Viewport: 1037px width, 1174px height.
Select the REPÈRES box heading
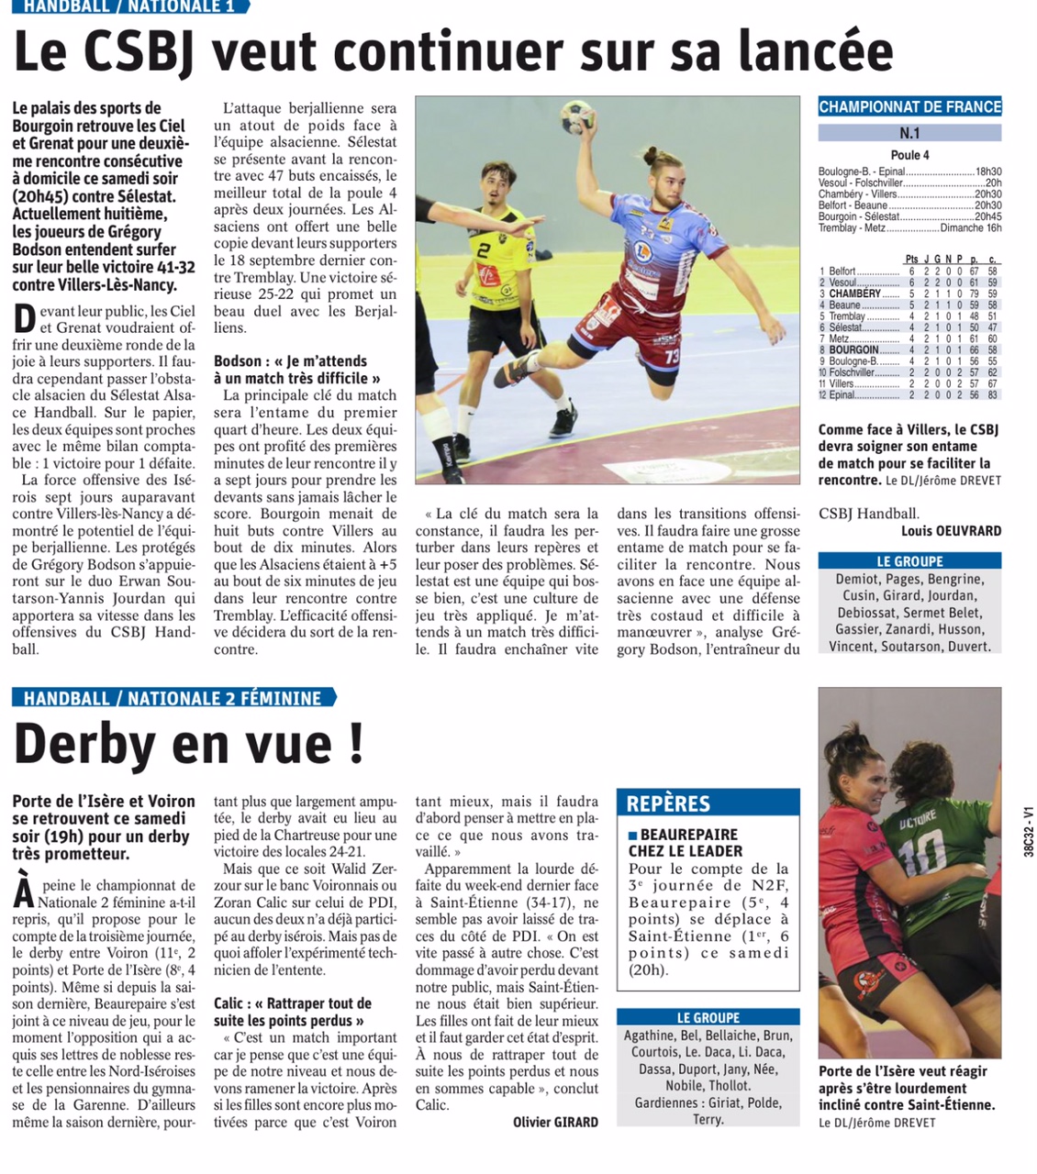point(668,804)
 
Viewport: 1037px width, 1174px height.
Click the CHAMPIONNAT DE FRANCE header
point(909,106)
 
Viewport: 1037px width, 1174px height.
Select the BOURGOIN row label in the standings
point(853,350)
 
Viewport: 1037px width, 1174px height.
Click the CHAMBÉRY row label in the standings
point(854,293)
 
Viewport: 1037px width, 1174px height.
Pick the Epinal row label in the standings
point(842,395)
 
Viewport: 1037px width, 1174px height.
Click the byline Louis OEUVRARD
point(951,531)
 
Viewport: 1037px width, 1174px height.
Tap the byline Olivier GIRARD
point(555,1122)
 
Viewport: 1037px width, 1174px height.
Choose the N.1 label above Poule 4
point(909,134)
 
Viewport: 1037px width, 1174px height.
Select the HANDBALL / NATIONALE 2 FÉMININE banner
point(173,698)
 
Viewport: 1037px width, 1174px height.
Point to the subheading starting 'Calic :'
point(293,1012)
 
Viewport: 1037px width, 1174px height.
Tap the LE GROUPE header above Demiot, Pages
point(909,561)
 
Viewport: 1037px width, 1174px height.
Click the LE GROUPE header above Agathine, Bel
point(708,1017)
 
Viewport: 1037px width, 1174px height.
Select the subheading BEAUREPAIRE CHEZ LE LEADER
point(685,843)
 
